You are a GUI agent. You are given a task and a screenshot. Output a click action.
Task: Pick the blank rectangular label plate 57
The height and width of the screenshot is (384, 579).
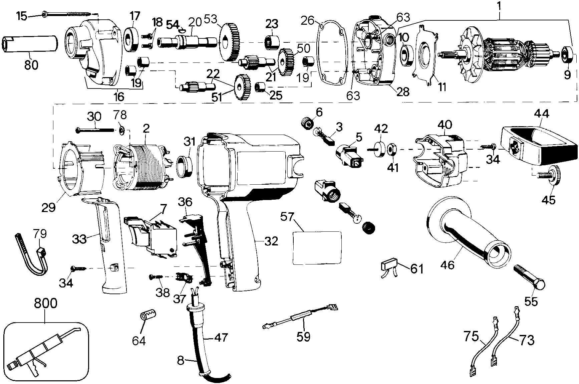coord(317,248)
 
